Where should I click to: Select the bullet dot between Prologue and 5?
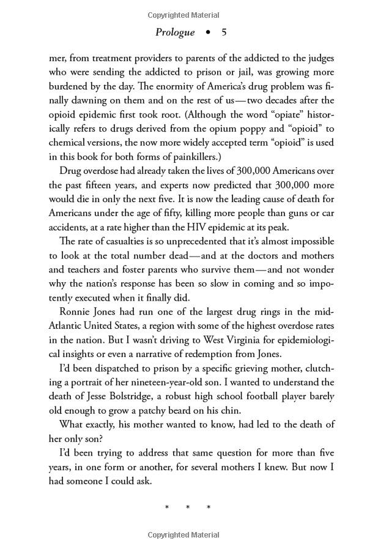tap(208, 32)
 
